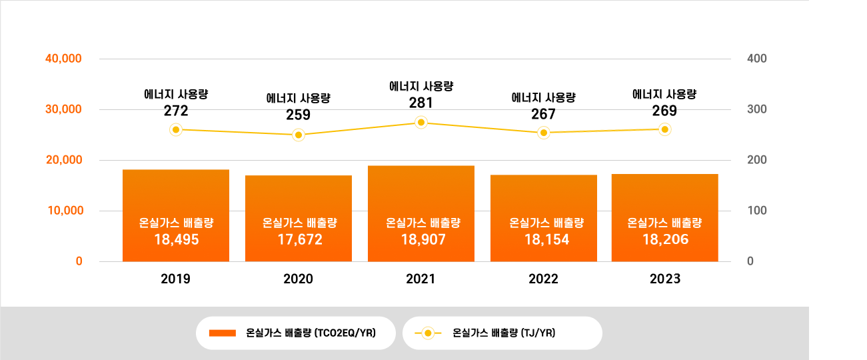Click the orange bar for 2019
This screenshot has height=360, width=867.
click(176, 193)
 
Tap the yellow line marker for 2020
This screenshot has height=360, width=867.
click(299, 135)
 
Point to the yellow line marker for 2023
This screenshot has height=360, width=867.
click(664, 130)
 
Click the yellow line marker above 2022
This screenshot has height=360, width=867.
click(544, 133)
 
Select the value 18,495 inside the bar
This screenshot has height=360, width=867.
click(176, 239)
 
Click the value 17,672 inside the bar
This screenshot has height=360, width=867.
click(299, 239)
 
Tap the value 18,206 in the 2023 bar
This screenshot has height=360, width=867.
click(665, 239)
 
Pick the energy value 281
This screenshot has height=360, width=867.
click(421, 103)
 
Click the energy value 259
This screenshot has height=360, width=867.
click(299, 115)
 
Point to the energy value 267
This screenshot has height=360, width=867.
click(544, 114)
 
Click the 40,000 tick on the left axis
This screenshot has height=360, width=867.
click(63, 59)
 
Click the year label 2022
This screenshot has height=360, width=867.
click(544, 279)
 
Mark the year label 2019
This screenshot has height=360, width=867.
click(176, 279)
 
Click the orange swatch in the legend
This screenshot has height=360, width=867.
click(223, 333)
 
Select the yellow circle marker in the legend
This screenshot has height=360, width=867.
click(428, 333)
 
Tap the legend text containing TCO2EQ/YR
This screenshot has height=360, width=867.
click(311, 333)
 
